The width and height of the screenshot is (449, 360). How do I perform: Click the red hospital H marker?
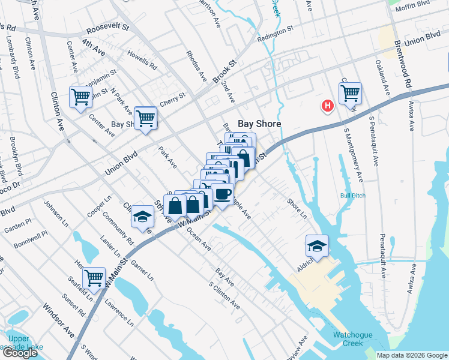click(x=328, y=106)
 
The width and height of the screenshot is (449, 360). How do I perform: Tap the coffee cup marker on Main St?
click(x=223, y=194)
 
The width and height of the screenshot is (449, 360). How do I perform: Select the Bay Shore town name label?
click(x=260, y=124)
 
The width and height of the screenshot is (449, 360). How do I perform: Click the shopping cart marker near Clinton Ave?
click(x=80, y=97)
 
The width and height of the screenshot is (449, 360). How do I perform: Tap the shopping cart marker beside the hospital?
click(x=350, y=92)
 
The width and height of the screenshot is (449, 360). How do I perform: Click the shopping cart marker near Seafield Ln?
click(x=94, y=278)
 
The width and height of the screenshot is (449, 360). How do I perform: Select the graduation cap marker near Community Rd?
click(x=143, y=215)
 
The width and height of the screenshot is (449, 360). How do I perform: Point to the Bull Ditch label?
click(x=352, y=196)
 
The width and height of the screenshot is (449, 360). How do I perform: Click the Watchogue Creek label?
click(x=348, y=339)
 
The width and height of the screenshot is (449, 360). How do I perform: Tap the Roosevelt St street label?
click(x=108, y=28)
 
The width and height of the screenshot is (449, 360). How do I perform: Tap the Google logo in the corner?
click(x=20, y=353)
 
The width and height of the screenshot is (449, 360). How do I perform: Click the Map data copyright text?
click(x=411, y=355)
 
